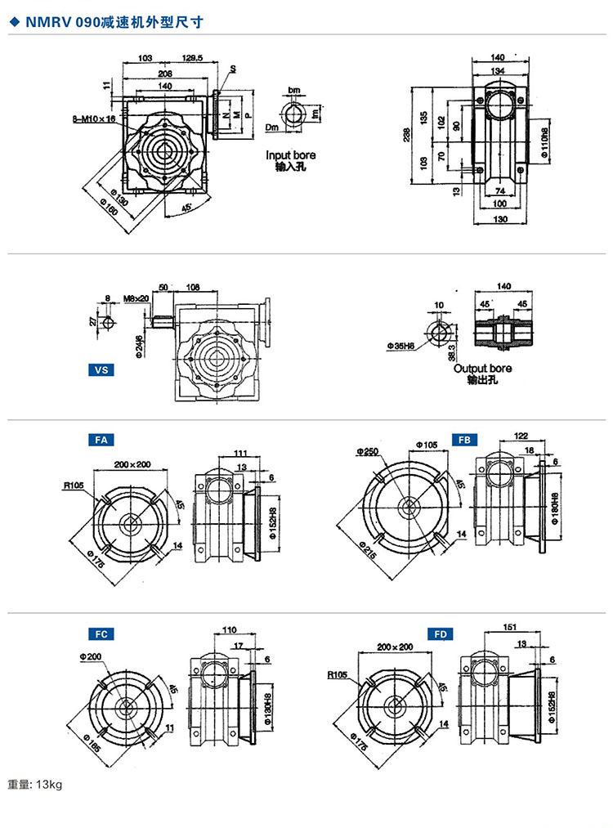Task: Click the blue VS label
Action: [x=102, y=369]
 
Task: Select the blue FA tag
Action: [x=101, y=440]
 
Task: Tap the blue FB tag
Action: [x=464, y=440]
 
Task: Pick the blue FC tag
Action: [x=101, y=633]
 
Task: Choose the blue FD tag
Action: [x=440, y=633]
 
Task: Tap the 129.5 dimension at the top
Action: [x=193, y=59]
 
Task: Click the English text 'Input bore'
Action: [x=290, y=155]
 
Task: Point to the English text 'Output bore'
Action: [x=482, y=369]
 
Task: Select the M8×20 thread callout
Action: [x=136, y=298]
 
